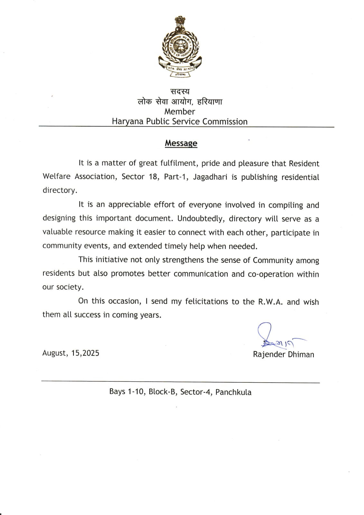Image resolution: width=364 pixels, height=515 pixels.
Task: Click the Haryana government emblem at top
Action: (x=180, y=47)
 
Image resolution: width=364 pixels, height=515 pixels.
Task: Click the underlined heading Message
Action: (x=181, y=143)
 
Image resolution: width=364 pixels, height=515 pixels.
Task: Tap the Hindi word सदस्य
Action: (x=180, y=92)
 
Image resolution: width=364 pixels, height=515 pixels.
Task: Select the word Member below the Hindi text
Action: (x=180, y=112)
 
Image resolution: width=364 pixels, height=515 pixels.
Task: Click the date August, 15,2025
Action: (x=71, y=353)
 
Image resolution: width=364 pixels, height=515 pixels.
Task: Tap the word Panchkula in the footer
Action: (x=233, y=392)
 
